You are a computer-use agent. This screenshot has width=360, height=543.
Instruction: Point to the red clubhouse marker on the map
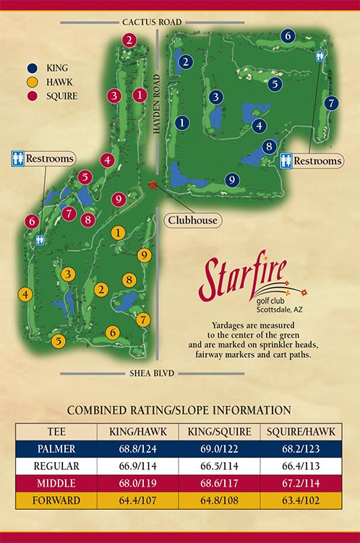click(153, 186)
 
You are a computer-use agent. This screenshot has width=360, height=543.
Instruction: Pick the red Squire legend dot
click(33, 96)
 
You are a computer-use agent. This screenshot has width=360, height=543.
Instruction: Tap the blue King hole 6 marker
click(287, 35)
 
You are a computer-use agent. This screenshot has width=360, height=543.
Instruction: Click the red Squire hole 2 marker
click(129, 40)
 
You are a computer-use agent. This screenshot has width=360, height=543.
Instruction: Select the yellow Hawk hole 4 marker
click(25, 294)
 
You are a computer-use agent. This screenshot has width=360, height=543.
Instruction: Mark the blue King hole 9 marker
click(231, 180)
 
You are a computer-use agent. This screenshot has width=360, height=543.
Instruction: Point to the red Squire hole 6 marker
click(32, 221)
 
